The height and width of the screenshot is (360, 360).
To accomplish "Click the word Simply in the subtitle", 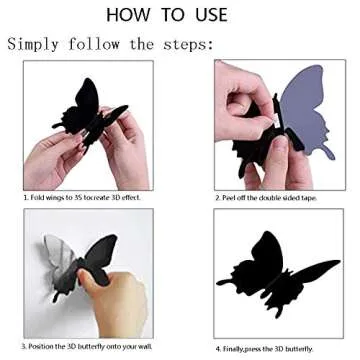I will [x=38, y=44].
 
